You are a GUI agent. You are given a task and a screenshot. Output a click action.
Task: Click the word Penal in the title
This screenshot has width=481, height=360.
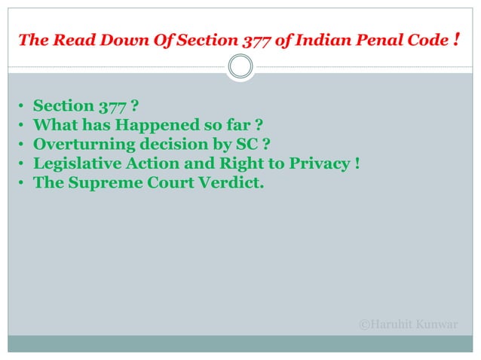coord(374,40)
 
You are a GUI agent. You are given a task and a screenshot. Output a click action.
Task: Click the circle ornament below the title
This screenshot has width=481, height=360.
coord(240,68)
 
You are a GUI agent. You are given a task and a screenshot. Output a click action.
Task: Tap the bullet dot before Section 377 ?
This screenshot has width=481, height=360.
coord(22,106)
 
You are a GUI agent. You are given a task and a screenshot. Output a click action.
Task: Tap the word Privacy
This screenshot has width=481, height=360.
coord(315,162)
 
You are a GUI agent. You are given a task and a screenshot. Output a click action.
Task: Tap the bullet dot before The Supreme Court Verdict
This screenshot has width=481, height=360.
coord(22,182)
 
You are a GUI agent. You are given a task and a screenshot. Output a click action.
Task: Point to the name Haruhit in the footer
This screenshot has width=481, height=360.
coord(397,324)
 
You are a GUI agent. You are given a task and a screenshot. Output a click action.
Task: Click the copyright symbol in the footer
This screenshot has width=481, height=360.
coord(365,324)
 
